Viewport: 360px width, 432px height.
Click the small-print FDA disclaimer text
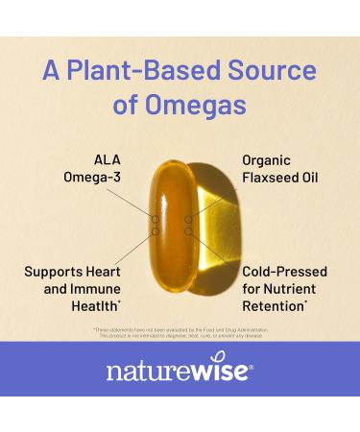180,333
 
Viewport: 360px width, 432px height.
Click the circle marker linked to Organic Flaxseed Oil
189,220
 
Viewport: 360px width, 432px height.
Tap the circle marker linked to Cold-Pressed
189,230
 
